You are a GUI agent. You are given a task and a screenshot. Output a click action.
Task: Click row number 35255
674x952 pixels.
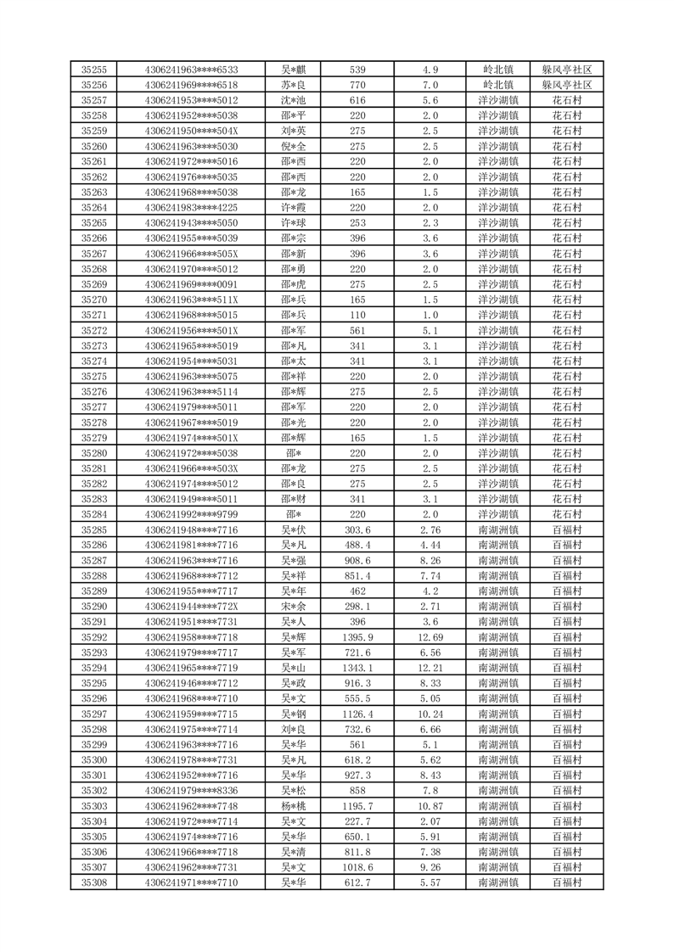coord(93,70)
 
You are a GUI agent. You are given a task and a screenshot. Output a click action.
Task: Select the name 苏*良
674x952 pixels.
coord(293,85)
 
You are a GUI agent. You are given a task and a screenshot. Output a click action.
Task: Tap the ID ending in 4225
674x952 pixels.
coord(191,208)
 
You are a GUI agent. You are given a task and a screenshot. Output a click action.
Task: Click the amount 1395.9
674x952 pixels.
coord(357,637)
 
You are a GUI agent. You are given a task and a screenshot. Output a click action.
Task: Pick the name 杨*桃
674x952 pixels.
coord(293,806)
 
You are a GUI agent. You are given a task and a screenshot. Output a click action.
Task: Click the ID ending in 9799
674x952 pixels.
coord(191,514)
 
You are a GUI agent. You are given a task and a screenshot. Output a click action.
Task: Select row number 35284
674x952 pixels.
coord(93,514)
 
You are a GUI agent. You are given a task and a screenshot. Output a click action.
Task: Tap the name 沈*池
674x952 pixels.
coord(293,100)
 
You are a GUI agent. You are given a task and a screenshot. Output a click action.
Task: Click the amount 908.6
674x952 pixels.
coord(357,561)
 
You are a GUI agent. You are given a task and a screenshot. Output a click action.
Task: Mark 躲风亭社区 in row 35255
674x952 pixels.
coord(566,70)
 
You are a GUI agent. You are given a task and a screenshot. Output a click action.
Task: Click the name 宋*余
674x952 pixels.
coord(293,607)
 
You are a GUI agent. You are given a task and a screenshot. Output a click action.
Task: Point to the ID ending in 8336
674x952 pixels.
coord(191,791)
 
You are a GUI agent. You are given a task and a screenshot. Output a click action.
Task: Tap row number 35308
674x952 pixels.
coord(93,882)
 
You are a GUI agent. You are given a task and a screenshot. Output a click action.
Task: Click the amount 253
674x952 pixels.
coord(357,223)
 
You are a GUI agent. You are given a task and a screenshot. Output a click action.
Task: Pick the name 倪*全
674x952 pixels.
coord(293,146)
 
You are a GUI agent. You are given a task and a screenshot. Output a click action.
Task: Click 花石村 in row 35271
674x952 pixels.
coord(566,315)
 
